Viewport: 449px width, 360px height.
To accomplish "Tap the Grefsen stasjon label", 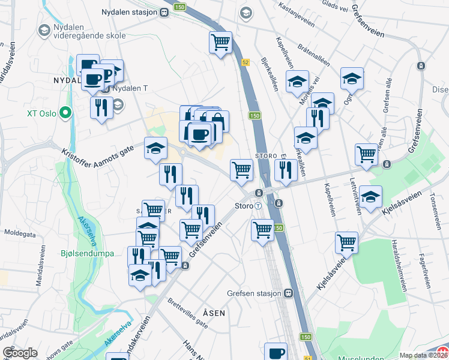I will [x=255, y=293].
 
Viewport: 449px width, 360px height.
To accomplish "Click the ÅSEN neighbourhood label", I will [x=214, y=313].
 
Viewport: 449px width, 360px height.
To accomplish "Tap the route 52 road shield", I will [x=246, y=62].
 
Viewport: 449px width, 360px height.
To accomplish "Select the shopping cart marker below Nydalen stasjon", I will [x=220, y=42].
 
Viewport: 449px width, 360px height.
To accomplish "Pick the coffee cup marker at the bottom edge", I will [x=277, y=353].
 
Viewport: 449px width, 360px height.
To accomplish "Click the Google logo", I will [x=20, y=353].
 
